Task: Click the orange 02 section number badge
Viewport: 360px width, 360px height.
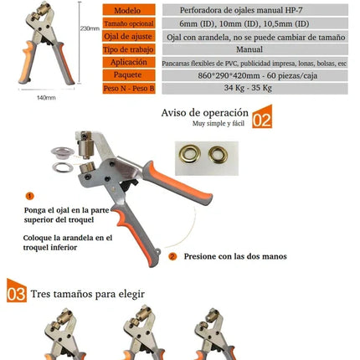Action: coord(263,117)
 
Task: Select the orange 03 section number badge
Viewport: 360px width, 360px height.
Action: coord(16,294)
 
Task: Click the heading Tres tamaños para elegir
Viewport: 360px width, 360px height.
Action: coord(87,295)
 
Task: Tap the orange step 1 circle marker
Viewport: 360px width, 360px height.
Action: coord(30,195)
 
